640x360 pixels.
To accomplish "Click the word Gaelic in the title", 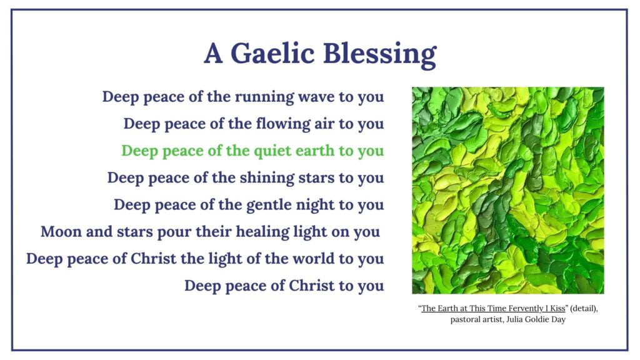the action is click(x=272, y=54).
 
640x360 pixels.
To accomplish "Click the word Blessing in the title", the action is click(x=380, y=55).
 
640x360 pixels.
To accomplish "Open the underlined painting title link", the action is click(x=493, y=309).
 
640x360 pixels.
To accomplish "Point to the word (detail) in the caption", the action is click(x=584, y=309).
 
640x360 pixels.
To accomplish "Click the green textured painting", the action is click(x=507, y=190).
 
